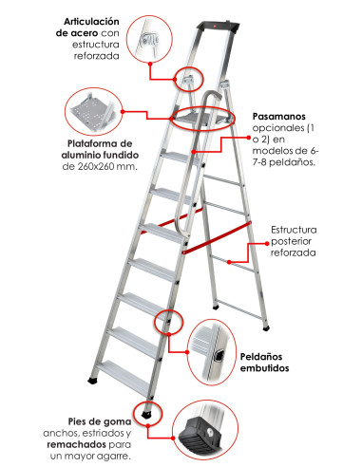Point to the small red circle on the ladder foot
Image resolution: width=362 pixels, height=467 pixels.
tap(149, 413)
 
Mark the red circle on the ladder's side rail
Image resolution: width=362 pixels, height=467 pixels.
tap(167, 323)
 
